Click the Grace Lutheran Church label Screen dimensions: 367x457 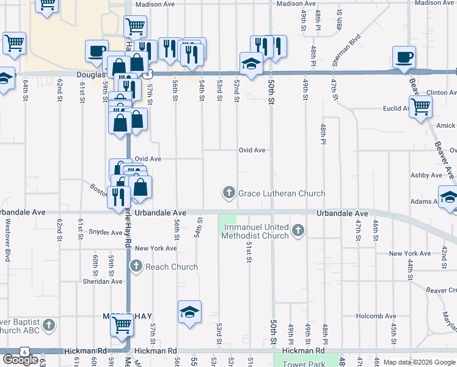coord(281,194)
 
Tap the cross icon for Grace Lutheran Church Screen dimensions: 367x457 coord(229,194)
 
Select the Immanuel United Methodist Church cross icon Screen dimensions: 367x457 coord(298,231)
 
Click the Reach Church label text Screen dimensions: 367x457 coord(172,267)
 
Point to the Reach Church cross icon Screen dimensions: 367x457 coord(136,266)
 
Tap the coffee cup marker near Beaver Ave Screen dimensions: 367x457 coord(404,58)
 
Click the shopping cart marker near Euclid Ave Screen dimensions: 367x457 coord(420,106)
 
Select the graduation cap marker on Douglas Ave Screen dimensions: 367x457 coord(250,64)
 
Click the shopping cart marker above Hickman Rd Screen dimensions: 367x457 coord(122,325)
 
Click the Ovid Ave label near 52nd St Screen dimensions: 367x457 coord(252,150)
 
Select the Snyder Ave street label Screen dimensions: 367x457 coord(106,232)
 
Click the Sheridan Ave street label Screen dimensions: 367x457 coord(103,282)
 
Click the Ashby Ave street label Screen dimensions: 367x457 coord(426,176)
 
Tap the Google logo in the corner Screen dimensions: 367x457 coord(20,359)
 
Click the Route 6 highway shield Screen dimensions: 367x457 coord(24,351)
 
